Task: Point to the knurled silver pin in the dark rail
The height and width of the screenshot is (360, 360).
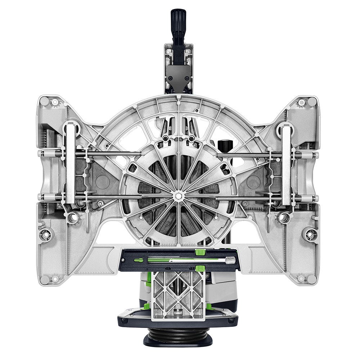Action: coord(229,259)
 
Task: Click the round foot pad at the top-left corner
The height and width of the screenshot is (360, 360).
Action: coord(44,102)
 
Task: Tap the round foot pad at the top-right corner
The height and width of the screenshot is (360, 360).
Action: coord(312,102)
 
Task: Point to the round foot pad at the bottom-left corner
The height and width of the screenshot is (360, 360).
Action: coord(44,280)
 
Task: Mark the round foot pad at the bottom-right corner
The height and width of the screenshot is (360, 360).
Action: coord(312,280)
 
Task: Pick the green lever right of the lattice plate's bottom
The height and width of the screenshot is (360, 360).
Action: coord(208,306)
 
